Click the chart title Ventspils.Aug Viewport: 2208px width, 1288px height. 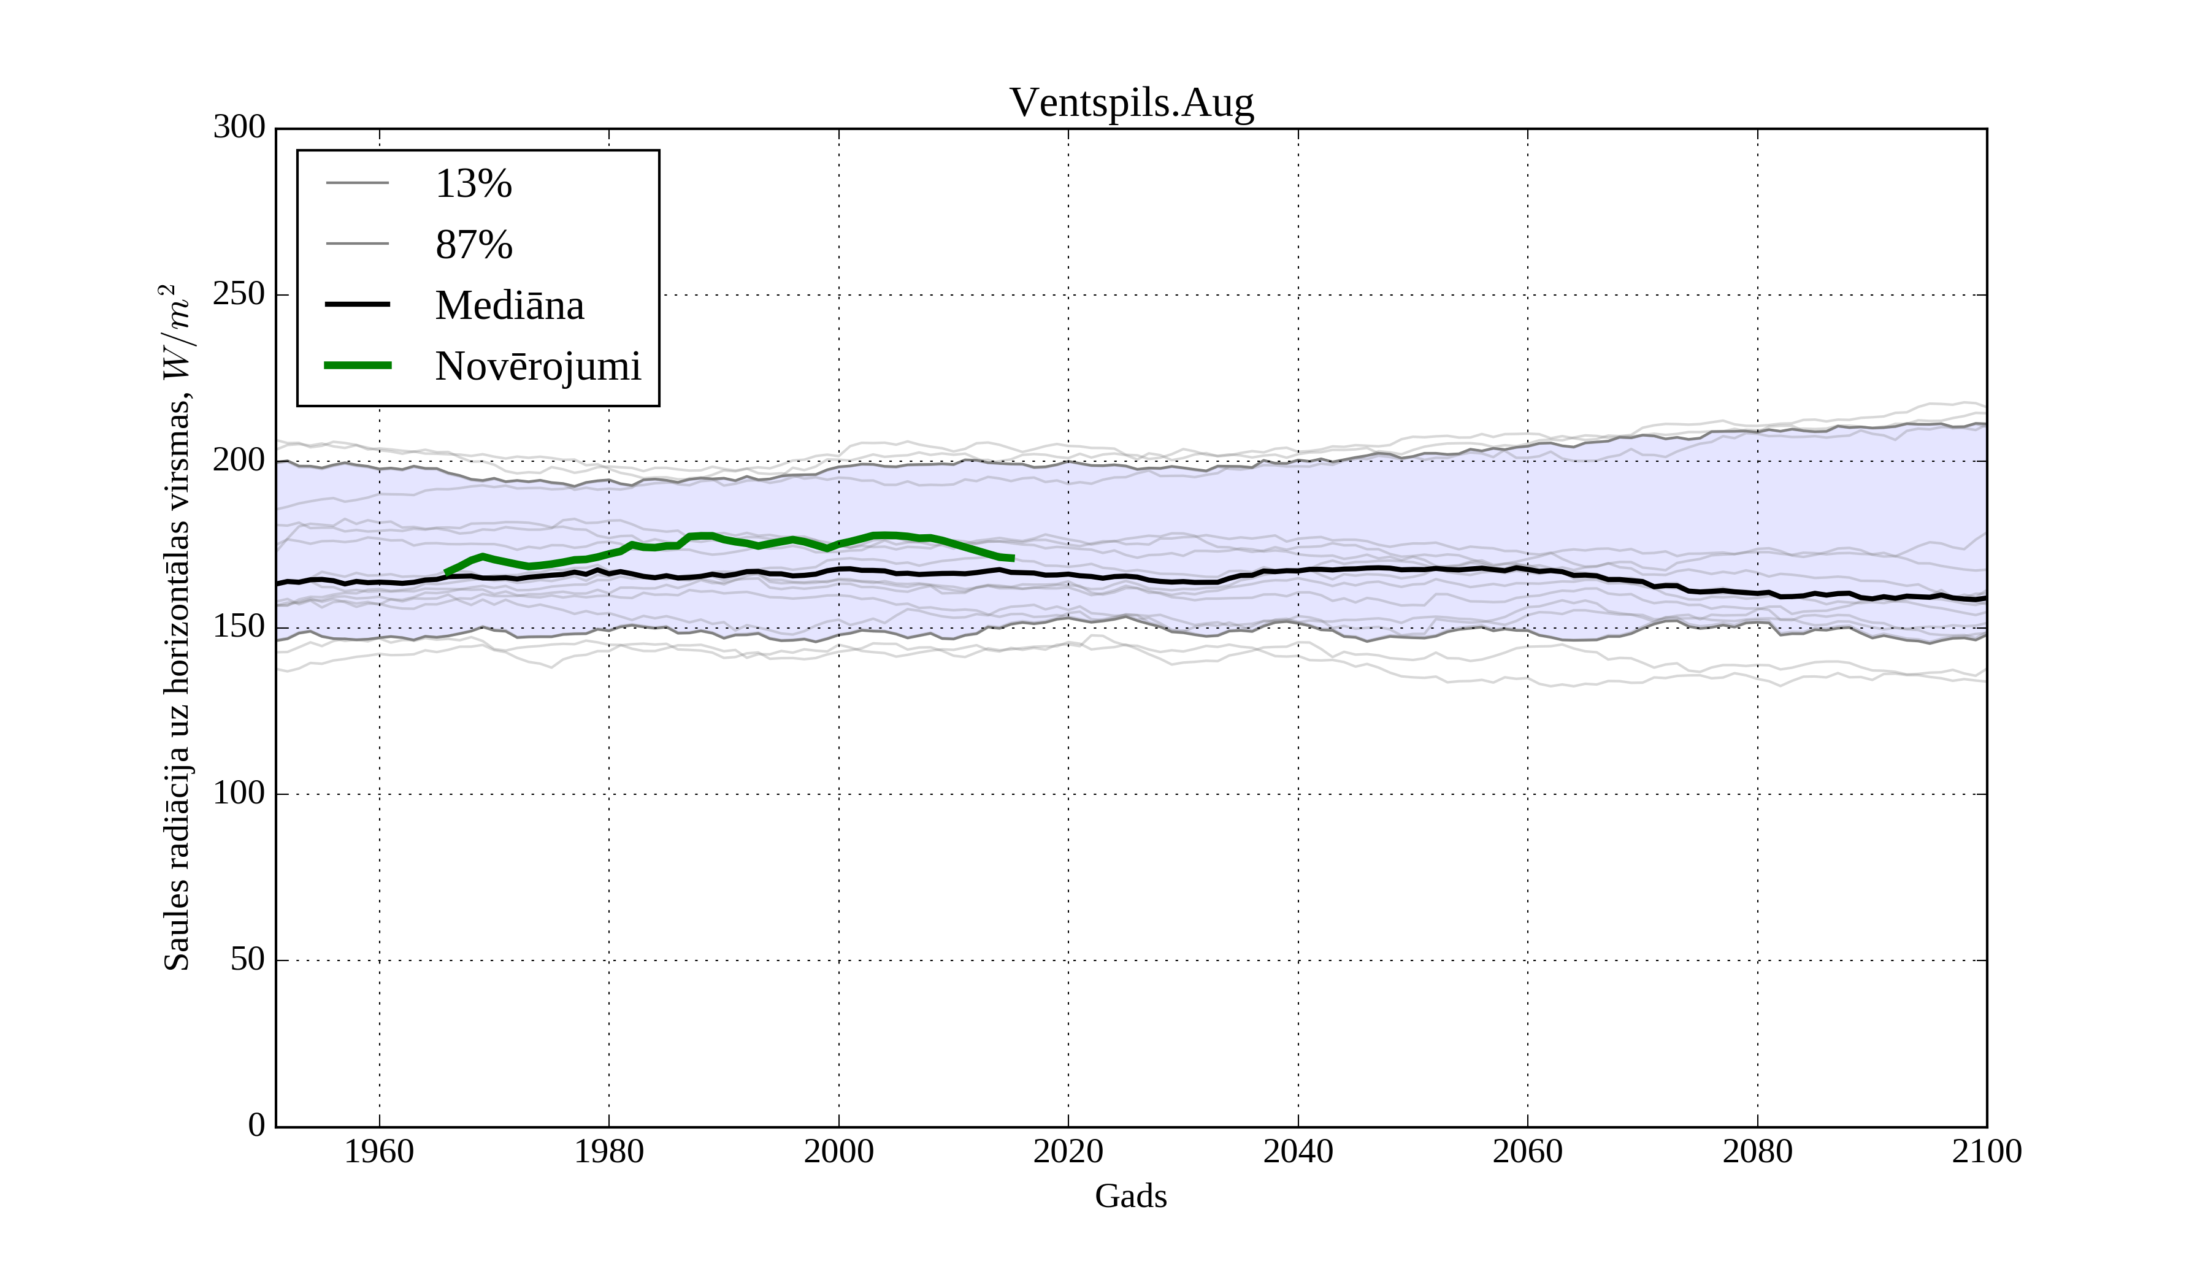[1131, 104]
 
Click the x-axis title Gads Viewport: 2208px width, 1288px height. [1130, 1197]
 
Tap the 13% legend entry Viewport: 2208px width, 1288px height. [473, 184]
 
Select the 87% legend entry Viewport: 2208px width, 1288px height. [473, 245]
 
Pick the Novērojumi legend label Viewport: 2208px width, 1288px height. [537, 366]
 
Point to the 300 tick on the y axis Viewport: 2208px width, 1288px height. [239, 128]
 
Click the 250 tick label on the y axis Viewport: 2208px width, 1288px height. [239, 294]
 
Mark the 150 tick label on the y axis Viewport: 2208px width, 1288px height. [239, 627]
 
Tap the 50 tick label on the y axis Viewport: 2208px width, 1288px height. [248, 960]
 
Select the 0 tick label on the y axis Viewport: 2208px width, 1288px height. [257, 1126]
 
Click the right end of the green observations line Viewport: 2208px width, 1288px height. [1013, 558]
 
